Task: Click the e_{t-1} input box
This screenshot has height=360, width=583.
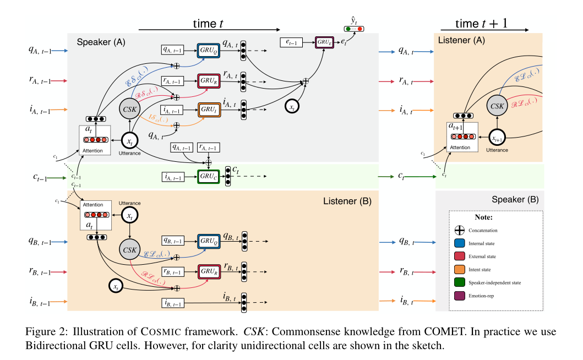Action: pyautogui.click(x=292, y=42)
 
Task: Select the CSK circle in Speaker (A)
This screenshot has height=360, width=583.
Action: pyautogui.click(x=130, y=108)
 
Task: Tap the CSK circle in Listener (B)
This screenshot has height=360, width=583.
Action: pyautogui.click(x=130, y=250)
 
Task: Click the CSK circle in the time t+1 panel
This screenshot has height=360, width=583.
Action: pyautogui.click(x=498, y=106)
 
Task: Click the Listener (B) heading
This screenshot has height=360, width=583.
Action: pyautogui.click(x=347, y=202)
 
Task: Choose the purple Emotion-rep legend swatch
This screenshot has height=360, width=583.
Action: pyautogui.click(x=460, y=296)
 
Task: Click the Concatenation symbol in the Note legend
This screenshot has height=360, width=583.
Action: pyautogui.click(x=460, y=230)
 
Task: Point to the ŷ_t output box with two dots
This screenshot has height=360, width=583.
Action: pyautogui.click(x=353, y=29)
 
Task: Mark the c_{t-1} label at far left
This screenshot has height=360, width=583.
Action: pyautogui.click(x=39, y=178)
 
